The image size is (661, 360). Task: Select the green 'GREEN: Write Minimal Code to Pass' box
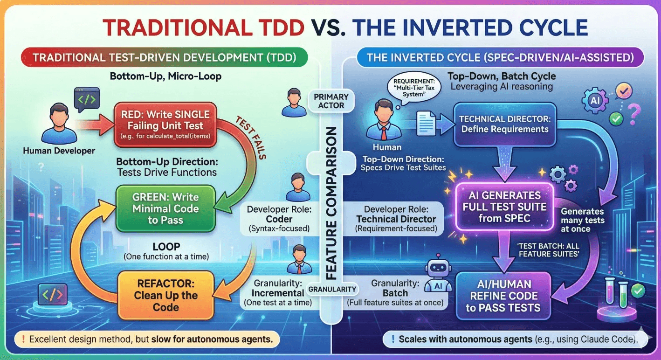[165, 208]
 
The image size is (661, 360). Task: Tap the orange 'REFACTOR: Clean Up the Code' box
[165, 295]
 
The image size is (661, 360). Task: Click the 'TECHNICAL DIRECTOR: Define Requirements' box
[504, 124]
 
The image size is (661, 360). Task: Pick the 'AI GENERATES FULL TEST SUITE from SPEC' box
[502, 206]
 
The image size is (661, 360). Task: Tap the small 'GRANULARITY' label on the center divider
[331, 290]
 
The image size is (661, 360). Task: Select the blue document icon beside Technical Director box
[425, 124]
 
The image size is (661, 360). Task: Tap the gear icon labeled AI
[595, 101]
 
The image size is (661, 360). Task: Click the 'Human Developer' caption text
[59, 151]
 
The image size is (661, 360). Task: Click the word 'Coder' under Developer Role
[279, 219]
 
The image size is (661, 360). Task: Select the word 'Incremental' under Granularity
[277, 293]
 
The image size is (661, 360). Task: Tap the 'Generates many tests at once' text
[582, 220]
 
